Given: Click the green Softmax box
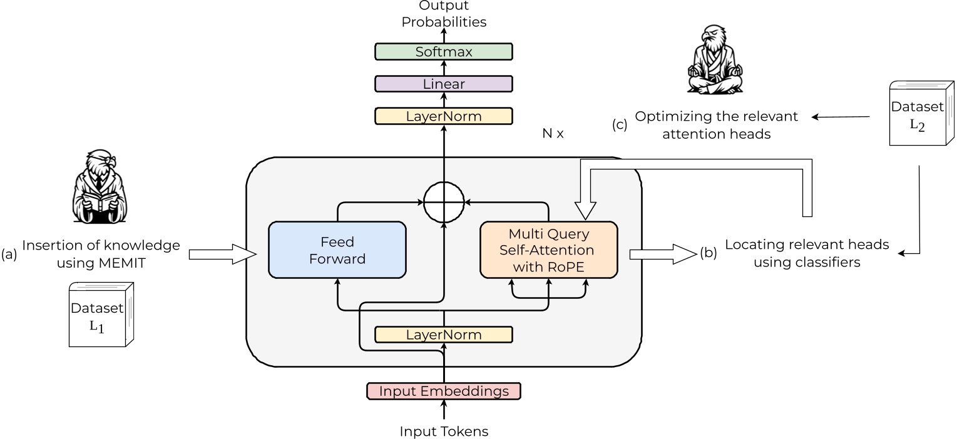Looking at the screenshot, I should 443,51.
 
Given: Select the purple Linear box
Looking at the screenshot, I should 443,84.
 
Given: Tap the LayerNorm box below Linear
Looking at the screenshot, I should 443,116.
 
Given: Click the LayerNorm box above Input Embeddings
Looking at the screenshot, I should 443,335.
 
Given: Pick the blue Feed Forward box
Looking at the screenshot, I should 337,250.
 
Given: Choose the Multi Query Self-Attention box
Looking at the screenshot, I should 548,250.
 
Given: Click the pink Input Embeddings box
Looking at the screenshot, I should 443,391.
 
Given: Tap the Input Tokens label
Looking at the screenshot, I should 444,431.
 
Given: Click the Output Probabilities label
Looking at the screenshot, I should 444,14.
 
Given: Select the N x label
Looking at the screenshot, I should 553,133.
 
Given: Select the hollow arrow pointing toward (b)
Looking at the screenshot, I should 663,254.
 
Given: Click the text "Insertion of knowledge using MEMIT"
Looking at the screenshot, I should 100,254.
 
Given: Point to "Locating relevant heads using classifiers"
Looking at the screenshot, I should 807,253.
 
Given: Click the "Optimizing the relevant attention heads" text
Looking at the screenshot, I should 717,125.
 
